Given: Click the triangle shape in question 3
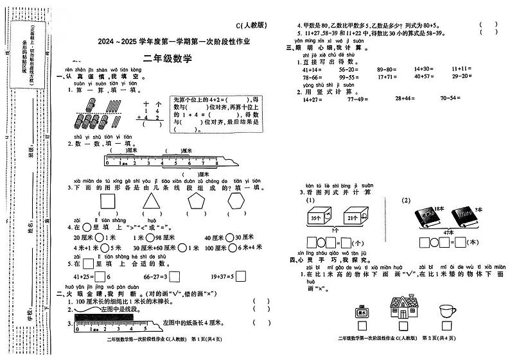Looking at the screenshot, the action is click(150, 205).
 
